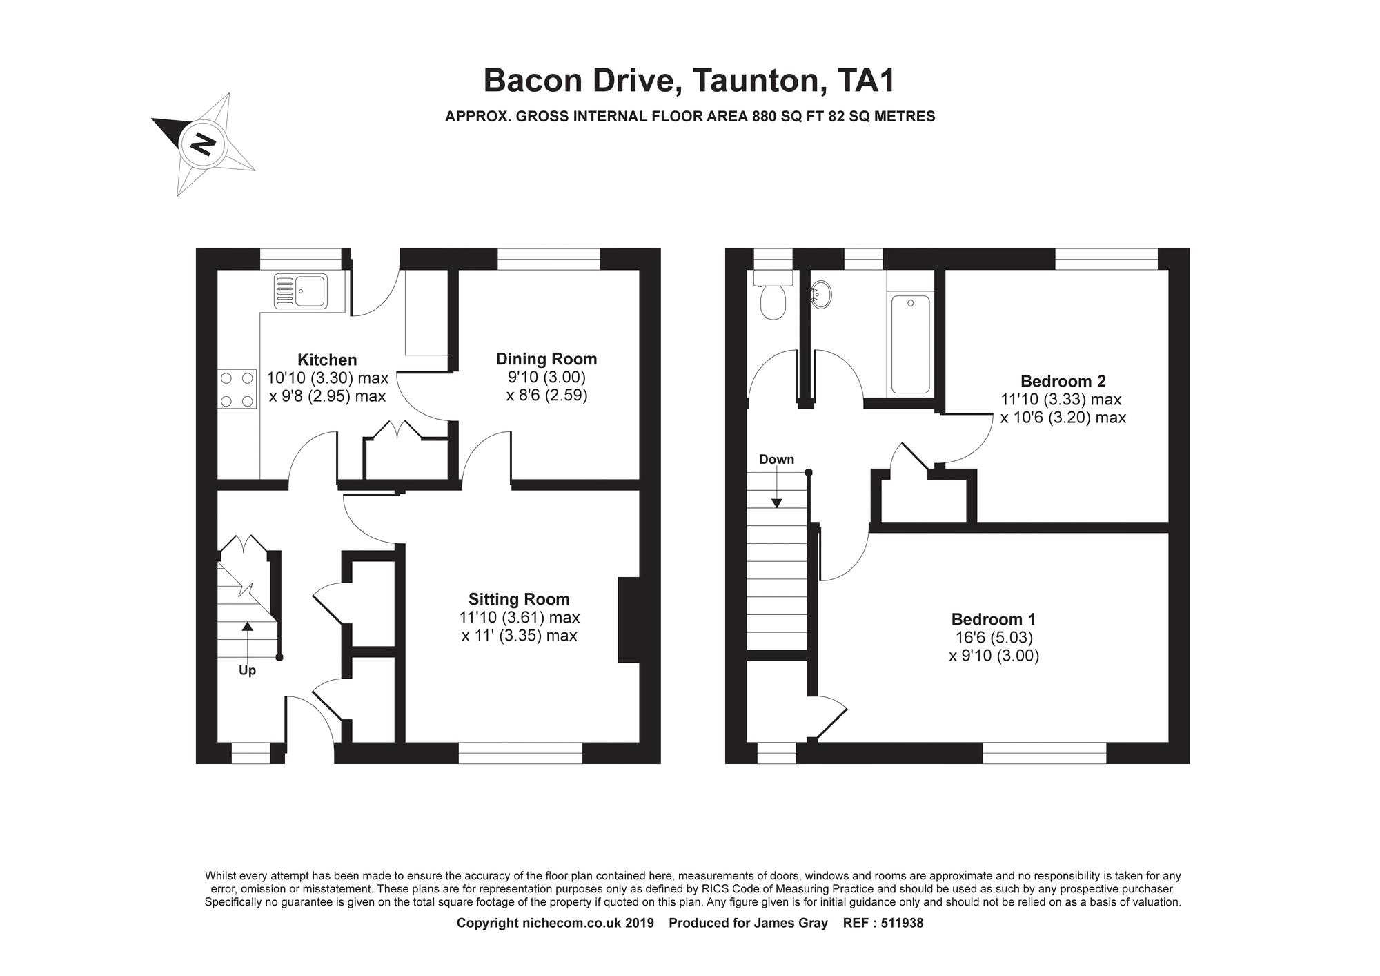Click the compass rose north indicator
[203, 144]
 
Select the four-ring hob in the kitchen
[236, 389]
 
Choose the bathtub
[910, 344]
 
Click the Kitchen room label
[327, 360]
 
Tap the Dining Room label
[546, 359]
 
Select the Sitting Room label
[519, 599]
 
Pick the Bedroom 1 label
[994, 619]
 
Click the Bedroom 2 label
[1063, 381]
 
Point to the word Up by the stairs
[247, 671]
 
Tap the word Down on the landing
[776, 460]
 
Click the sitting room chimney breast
[629, 620]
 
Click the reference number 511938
[900, 923]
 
